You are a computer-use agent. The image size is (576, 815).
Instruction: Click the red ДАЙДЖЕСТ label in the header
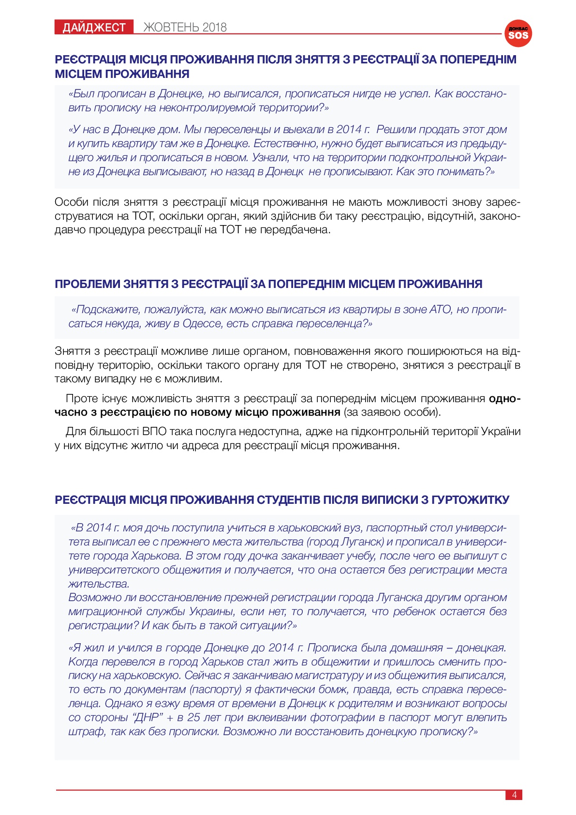coord(94,28)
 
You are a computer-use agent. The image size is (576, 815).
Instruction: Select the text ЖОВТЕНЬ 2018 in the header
coord(185,28)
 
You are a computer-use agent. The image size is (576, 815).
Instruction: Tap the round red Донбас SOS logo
coord(518,33)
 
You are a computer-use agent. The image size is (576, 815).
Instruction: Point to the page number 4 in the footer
coord(514,795)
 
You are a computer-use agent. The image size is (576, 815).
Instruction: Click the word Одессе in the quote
coord(202,323)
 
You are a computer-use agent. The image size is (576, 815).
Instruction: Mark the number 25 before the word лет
coord(193,717)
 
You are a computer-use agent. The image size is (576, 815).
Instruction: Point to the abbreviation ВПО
coord(154,431)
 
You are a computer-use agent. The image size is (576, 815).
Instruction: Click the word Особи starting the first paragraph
coord(70,202)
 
